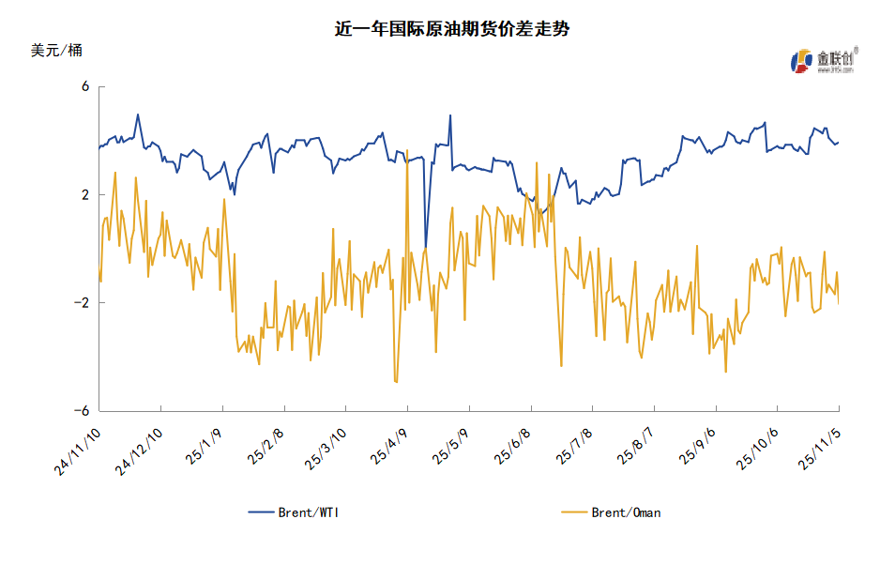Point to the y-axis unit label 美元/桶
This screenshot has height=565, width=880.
tap(56, 51)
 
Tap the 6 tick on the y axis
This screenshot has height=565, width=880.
tap(84, 87)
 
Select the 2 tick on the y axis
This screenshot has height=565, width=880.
tap(84, 195)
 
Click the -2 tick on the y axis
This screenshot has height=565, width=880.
tap(82, 303)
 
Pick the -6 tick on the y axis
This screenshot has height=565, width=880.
tap(82, 411)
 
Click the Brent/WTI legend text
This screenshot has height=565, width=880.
tap(310, 512)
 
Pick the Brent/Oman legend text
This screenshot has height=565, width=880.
tap(626, 512)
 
